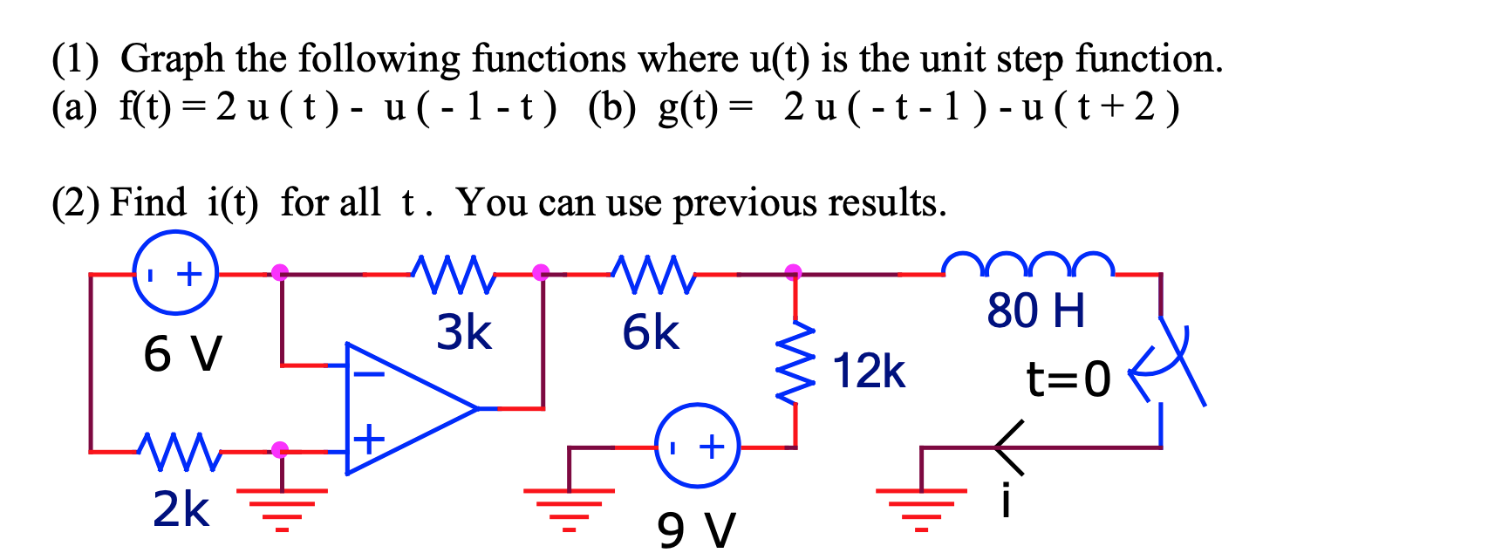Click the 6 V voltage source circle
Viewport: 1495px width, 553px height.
pyautogui.click(x=174, y=273)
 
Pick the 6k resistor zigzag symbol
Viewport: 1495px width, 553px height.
pyautogui.click(x=654, y=274)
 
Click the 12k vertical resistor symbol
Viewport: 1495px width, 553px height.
pyautogui.click(x=795, y=365)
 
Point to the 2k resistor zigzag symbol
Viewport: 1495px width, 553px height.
pyautogui.click(x=180, y=450)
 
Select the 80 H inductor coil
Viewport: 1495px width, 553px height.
pyautogui.click(x=1027, y=264)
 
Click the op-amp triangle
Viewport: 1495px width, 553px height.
pyautogui.click(x=401, y=408)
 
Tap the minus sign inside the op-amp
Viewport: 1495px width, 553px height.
pyautogui.click(x=368, y=374)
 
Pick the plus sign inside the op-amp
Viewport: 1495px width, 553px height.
pyautogui.click(x=369, y=438)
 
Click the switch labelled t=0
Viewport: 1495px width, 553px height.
pyautogui.click(x=1173, y=366)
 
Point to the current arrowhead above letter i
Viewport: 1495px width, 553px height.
pyautogui.click(x=1007, y=447)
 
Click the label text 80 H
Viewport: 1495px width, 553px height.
pyautogui.click(x=1035, y=311)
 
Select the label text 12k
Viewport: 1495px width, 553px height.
pyautogui.click(x=869, y=371)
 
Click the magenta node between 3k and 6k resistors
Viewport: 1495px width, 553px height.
pyautogui.click(x=541, y=272)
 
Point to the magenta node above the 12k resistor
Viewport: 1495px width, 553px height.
pyautogui.click(x=793, y=272)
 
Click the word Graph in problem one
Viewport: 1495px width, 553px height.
pyautogui.click(x=172, y=59)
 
